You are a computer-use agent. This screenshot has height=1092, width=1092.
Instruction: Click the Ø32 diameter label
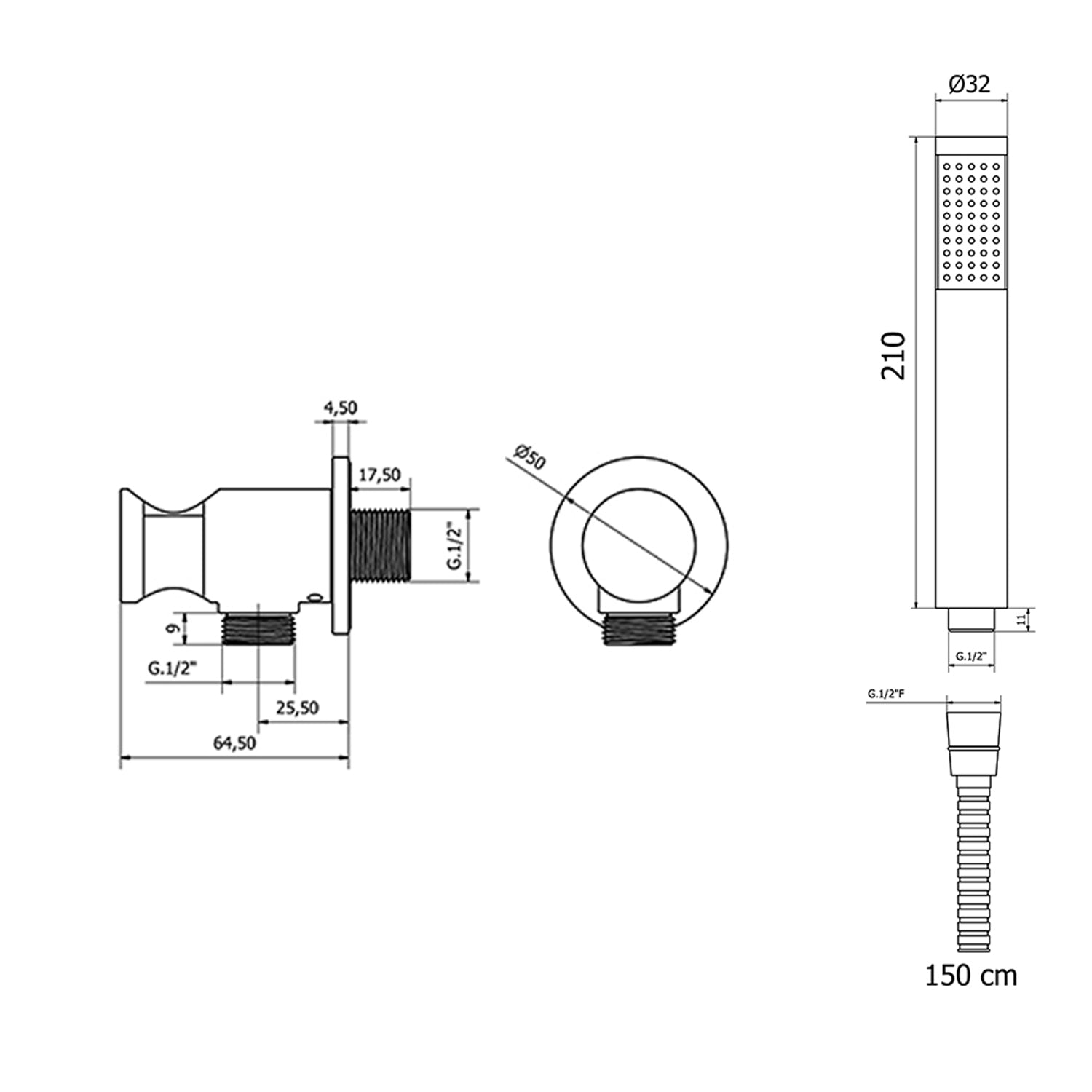(970, 84)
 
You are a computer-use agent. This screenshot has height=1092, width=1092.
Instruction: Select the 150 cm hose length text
(970, 975)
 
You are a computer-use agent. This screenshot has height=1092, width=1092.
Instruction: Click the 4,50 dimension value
(340, 408)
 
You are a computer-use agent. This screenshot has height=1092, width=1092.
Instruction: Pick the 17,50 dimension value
(381, 475)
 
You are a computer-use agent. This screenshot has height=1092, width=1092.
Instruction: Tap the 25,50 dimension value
(297, 707)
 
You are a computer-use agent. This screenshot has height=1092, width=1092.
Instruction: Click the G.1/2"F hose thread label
(886, 695)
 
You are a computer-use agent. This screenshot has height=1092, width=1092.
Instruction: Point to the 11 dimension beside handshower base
(1022, 620)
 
